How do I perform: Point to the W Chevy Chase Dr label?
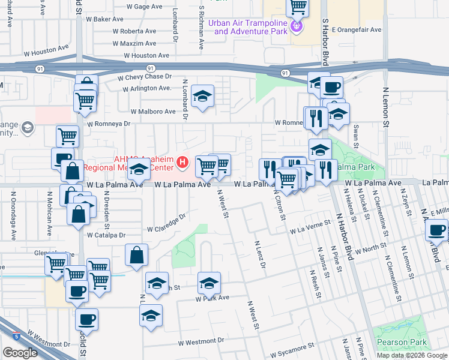point(145,77)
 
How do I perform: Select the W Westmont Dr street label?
point(200,340)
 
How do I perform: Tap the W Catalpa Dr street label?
point(106,236)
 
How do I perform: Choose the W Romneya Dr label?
point(109,124)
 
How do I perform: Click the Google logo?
point(20,352)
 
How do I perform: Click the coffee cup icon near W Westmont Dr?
point(88,319)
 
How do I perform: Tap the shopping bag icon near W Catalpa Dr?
point(136,254)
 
